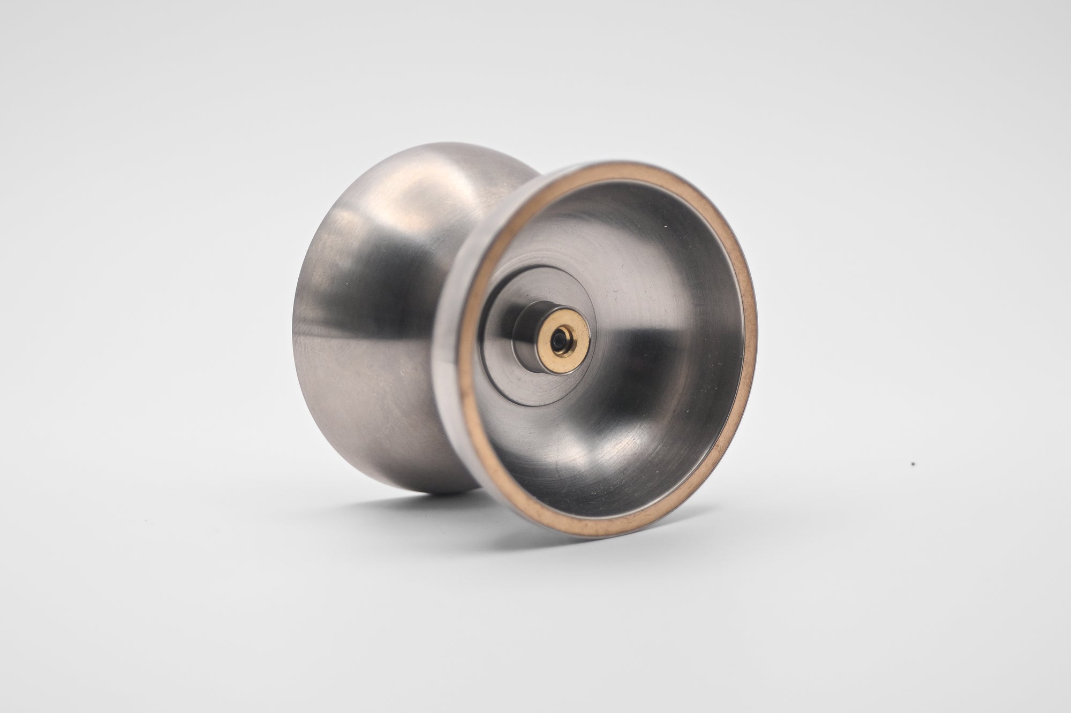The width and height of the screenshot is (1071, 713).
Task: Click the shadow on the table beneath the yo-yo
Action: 428,500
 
